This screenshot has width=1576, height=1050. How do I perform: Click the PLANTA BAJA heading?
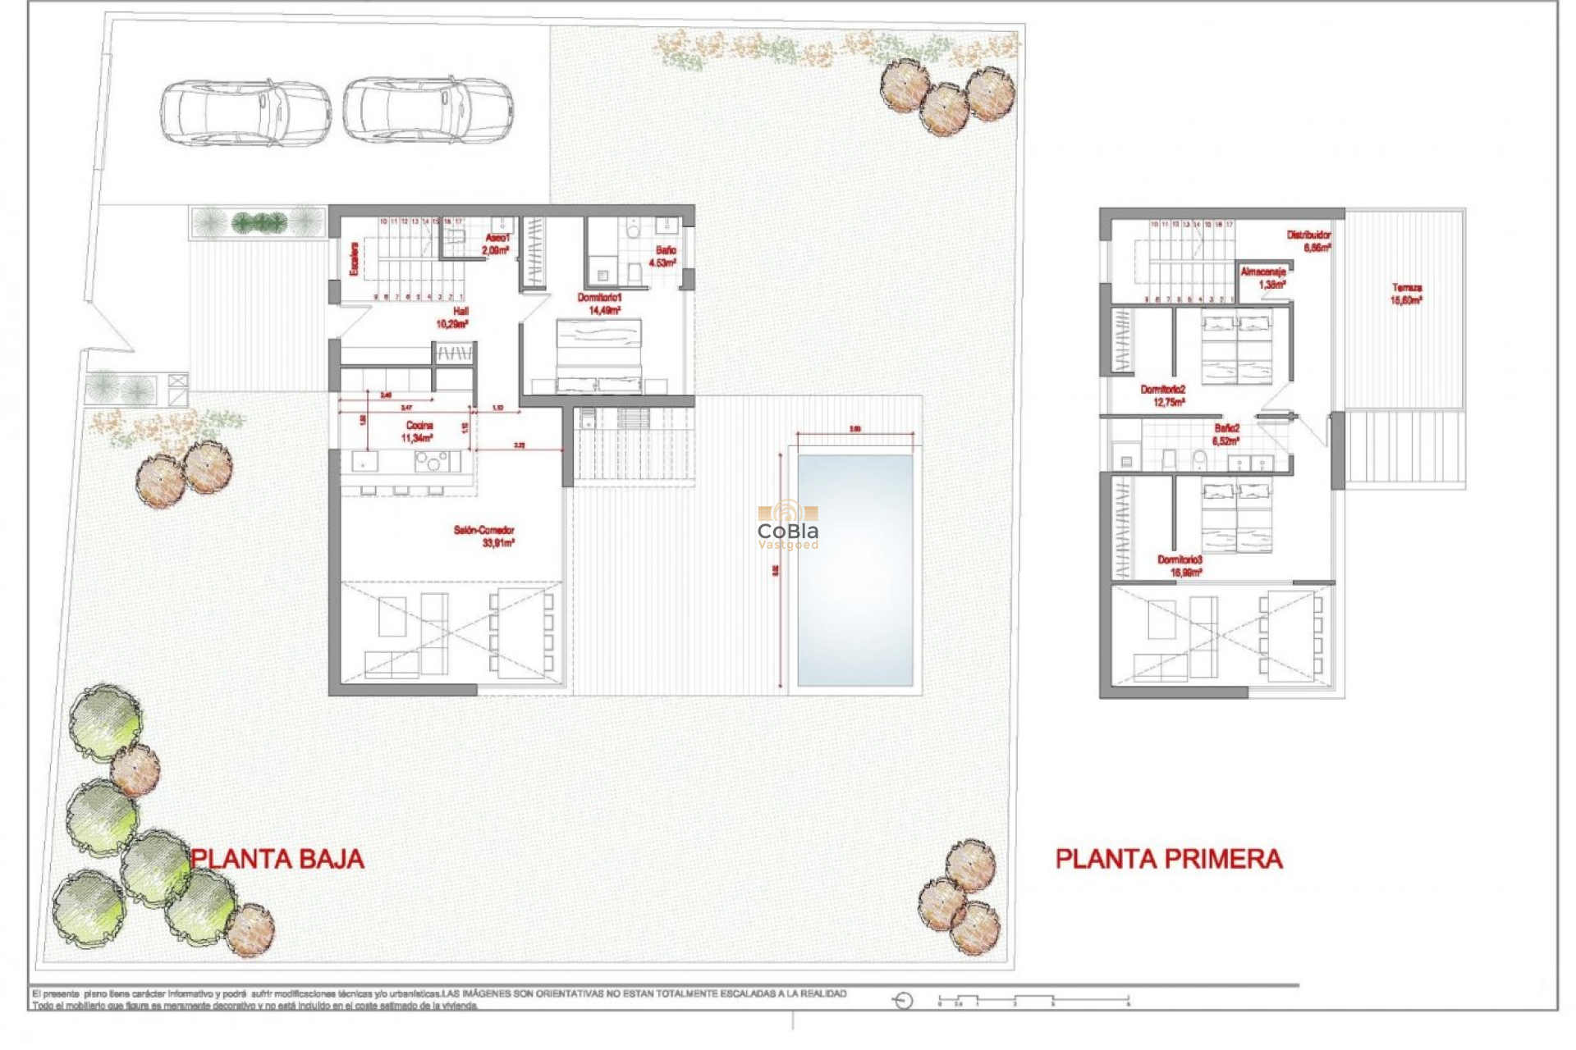pos(277,859)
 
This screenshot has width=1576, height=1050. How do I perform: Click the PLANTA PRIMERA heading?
pos(1168,859)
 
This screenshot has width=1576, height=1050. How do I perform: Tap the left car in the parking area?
pos(245,112)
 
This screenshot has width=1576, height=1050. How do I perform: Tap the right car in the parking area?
pos(428,111)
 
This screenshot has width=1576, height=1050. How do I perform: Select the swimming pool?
pos(854,570)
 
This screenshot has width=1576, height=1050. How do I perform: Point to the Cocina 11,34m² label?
pos(418,431)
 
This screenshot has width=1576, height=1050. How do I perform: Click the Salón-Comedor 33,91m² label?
pos(484,536)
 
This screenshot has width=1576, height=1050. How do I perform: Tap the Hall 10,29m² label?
pos(453,317)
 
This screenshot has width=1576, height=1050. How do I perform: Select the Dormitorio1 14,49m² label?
pos(600,304)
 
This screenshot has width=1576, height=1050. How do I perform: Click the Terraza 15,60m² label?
pos(1406,294)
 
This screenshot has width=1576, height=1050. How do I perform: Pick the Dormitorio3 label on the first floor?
pos(1180,565)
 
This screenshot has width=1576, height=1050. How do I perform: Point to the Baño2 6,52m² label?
pos(1226,434)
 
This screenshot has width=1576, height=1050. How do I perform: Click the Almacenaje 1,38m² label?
pos(1264,277)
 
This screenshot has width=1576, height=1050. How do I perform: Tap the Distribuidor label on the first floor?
pos(1309,240)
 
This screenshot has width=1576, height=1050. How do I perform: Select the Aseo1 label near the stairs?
pos(496,244)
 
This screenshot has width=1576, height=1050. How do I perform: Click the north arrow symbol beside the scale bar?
pos(903,1000)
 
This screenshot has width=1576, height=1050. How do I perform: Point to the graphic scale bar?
pos(1034,1000)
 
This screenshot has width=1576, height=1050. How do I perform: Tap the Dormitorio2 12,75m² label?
pos(1163,395)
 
